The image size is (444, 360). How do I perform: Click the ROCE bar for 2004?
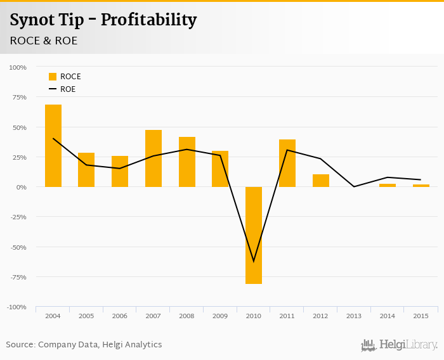[x=53, y=146]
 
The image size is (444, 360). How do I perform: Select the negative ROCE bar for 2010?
[x=254, y=235]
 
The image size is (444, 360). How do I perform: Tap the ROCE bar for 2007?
[x=153, y=158]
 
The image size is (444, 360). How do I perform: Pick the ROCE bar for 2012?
[x=321, y=181]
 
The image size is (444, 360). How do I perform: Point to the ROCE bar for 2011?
[x=287, y=163]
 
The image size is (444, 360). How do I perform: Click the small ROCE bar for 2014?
[x=388, y=185]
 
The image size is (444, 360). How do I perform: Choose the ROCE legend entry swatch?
[x=53, y=77]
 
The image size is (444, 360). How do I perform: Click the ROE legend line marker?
[x=53, y=89]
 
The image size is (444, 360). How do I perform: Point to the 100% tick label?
[x=18, y=67]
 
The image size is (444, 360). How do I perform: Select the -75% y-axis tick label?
[x=18, y=277]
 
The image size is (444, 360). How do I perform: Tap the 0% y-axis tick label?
[x=21, y=187]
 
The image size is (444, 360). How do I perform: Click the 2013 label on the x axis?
[x=354, y=316]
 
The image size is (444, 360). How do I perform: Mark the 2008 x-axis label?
[x=186, y=316]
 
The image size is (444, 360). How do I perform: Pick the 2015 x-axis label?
[x=421, y=316]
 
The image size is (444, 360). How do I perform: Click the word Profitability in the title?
[x=148, y=20]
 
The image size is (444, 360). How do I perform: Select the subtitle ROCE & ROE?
[x=44, y=41]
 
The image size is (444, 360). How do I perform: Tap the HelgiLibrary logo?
[x=400, y=345]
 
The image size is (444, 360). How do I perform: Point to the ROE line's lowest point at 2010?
[x=254, y=261]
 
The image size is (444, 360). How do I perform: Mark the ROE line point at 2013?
[x=354, y=186]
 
